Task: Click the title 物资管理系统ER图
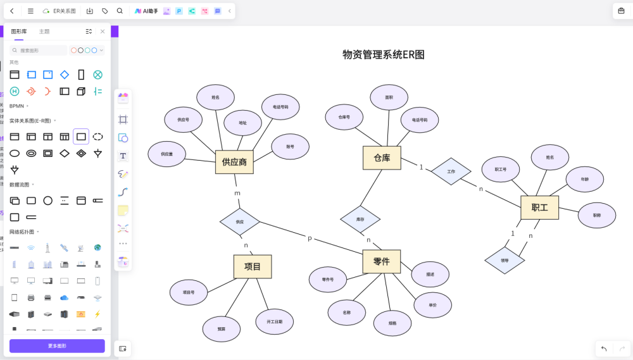384,55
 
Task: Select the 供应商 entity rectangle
234,162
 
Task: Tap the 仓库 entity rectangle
382,158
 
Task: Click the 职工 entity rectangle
539,208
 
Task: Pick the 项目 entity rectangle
253,266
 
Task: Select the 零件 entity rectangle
381,261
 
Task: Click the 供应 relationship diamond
240,222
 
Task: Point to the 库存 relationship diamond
360,219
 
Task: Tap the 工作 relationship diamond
451,171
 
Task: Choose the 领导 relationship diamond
505,260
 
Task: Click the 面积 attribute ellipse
389,97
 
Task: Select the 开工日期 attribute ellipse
275,321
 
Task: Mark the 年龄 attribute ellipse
584,179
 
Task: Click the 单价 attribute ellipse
432,305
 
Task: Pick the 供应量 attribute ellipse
167,154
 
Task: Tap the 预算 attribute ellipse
221,329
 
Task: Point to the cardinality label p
310,238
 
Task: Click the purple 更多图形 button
57,346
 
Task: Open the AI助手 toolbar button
146,11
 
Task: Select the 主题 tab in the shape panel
44,31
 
